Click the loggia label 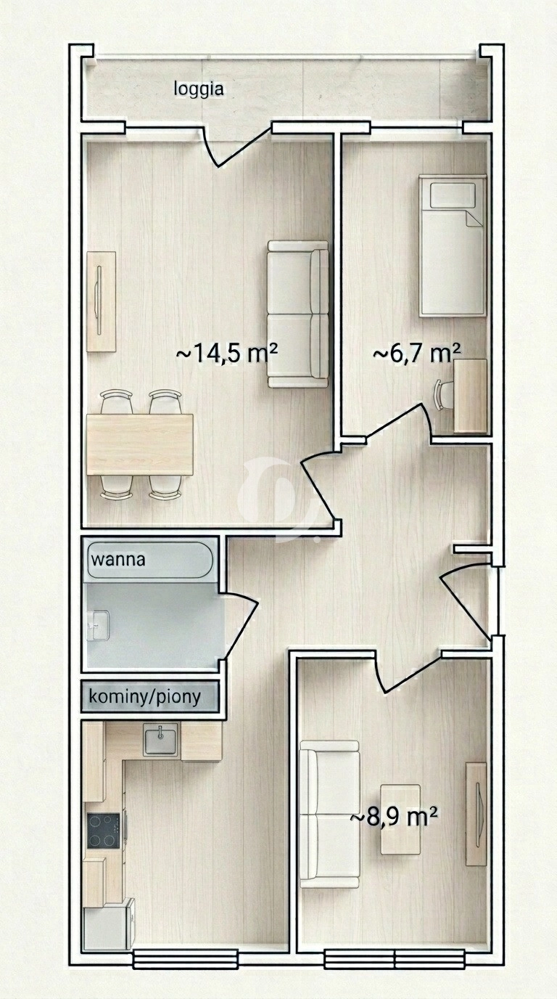(199, 89)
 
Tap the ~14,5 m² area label (226, 354)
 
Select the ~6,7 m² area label (416, 354)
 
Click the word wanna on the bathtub (117, 560)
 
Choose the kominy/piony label (144, 697)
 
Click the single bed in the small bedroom (452, 247)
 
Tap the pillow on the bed (453, 195)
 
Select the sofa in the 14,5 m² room (297, 314)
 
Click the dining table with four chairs (139, 444)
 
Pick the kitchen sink (160, 741)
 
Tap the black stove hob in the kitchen (104, 831)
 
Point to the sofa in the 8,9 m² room (329, 814)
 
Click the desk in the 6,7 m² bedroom (469, 396)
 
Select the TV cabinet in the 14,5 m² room (101, 301)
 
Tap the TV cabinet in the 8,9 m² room (476, 814)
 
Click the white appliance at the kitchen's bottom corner (107, 925)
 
